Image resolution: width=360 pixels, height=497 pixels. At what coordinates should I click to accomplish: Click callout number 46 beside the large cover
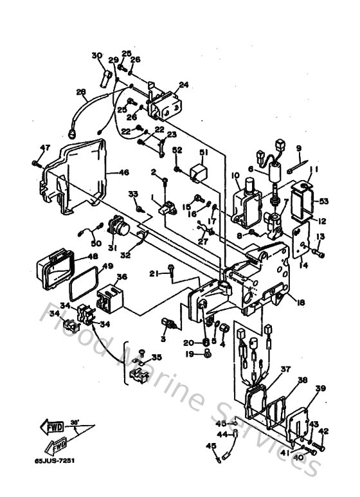(124, 172)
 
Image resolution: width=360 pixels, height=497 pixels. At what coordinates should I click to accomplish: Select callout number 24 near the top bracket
(183, 84)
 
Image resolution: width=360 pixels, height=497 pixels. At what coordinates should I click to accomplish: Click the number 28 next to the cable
(80, 92)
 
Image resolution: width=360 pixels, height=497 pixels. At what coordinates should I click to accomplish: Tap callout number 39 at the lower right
(320, 389)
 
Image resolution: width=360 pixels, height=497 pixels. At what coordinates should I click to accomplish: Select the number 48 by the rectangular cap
(93, 255)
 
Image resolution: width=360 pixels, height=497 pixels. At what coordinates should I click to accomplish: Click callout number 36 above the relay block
(121, 278)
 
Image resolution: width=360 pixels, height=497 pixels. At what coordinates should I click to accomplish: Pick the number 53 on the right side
(324, 201)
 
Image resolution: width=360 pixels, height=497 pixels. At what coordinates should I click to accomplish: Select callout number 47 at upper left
(44, 148)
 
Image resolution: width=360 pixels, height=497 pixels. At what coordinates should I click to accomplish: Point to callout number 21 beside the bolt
(154, 275)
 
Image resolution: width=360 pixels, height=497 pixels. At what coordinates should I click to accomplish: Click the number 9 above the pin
(298, 149)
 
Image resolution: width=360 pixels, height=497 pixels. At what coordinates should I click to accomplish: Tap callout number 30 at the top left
(97, 55)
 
